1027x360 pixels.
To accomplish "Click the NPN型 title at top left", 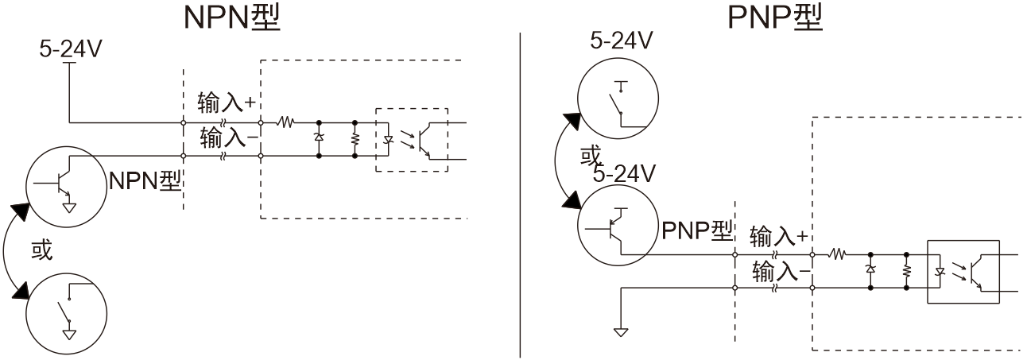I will click(231, 17).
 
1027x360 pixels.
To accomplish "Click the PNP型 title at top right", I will click(775, 17).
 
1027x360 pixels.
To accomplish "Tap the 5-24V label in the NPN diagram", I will click(71, 50).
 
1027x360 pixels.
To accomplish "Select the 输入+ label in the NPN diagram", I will click(226, 103).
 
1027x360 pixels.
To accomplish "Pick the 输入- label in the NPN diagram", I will click(226, 137).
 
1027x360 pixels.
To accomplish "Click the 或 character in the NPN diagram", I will click(41, 250).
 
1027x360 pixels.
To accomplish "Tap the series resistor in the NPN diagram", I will click(286, 122).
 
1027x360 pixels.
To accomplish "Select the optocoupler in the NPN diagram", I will click(411, 139).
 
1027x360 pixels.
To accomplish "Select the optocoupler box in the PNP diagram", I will click(963, 271).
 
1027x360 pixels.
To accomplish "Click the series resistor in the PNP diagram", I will click(839, 255).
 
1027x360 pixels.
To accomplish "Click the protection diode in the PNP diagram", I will click(870, 271).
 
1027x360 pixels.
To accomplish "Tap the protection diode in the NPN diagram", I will click(319, 139).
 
